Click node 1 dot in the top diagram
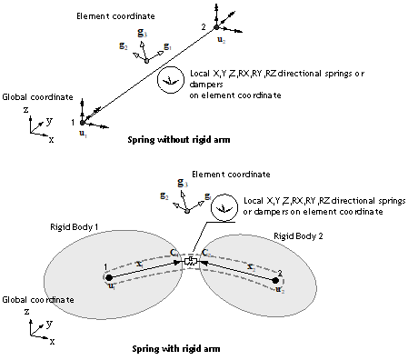[x=84, y=121]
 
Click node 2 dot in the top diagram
[x=215, y=28]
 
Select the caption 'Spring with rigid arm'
[x=180, y=346]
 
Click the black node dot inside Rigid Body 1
[x=110, y=276]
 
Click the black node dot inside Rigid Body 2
[x=276, y=280]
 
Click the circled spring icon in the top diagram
[x=169, y=81]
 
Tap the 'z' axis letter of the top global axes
[x=33, y=109]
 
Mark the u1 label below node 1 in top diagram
[x=84, y=133]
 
